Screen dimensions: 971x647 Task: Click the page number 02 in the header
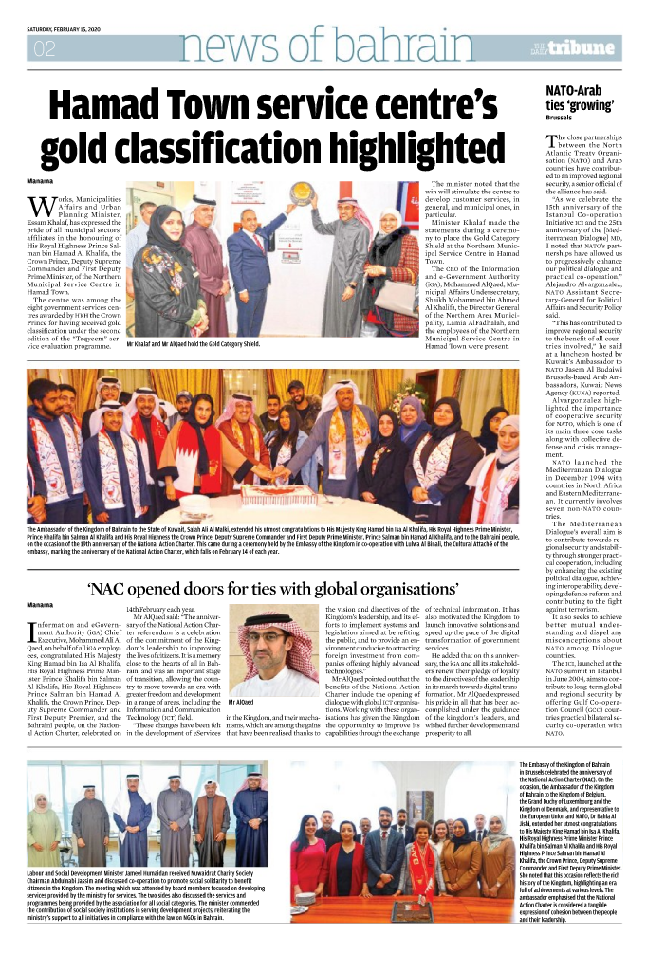(44, 50)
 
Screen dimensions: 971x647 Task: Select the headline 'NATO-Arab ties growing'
(581, 98)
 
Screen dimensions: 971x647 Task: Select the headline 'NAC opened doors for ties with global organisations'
(322, 585)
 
